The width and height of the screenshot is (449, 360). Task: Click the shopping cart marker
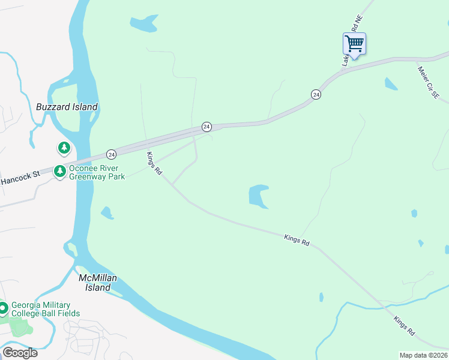click(x=354, y=44)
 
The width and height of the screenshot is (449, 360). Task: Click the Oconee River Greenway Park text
click(x=97, y=172)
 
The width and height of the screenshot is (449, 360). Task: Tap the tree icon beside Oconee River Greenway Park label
click(x=59, y=172)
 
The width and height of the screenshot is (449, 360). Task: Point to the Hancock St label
click(x=20, y=177)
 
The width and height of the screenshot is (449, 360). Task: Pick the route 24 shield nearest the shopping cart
click(x=316, y=95)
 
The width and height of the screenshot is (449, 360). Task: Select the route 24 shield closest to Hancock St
click(x=111, y=154)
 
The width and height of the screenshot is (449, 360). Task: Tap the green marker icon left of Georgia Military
click(x=4, y=308)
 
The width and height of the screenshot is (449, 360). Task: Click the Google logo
click(x=20, y=353)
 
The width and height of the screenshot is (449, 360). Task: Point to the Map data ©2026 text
click(x=423, y=355)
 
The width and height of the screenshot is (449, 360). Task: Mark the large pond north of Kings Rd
click(x=258, y=196)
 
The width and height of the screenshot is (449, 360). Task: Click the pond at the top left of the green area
click(x=143, y=24)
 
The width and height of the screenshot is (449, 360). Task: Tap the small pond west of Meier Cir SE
click(x=391, y=84)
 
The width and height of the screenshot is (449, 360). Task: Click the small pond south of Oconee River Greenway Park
click(x=107, y=212)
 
